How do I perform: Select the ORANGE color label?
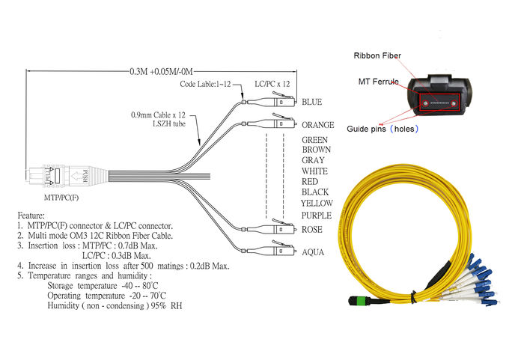point(317,125)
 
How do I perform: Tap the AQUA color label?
point(312,252)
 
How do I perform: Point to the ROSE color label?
point(311,230)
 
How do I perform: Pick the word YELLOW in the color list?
point(317,203)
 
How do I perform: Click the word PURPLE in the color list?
point(316,216)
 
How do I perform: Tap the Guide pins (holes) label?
point(382,129)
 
